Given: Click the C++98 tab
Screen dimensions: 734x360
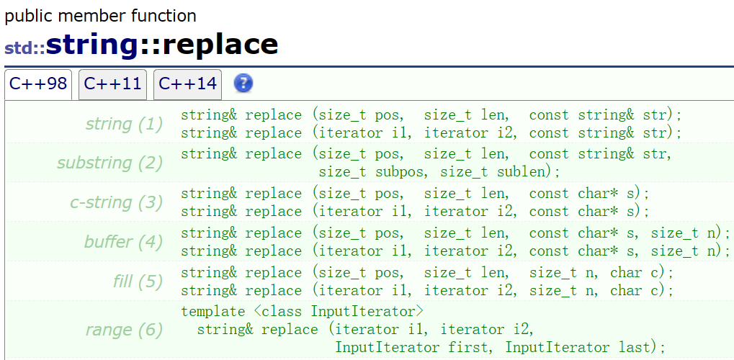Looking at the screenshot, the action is pyautogui.click(x=38, y=84).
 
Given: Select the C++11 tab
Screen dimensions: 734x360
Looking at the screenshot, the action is pyautogui.click(x=112, y=84).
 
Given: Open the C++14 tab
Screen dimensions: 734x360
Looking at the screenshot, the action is pyautogui.click(x=187, y=84).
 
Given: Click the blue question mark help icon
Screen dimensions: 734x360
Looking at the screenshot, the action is pyautogui.click(x=243, y=84).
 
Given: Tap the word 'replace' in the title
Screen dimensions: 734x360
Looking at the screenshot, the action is pyautogui.click(x=220, y=45).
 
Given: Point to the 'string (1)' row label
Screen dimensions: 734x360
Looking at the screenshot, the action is pyautogui.click(x=124, y=125).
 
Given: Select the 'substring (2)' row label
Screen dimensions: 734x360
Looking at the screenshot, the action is pyautogui.click(x=109, y=163).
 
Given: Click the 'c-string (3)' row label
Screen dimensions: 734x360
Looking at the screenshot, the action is pyautogui.click(x=116, y=202).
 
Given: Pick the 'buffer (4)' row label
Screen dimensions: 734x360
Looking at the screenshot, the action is pyautogui.click(x=123, y=241).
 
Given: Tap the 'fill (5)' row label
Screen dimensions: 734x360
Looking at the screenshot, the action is pyautogui.click(x=138, y=281).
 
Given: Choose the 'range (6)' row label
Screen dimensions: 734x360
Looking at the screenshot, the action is pyautogui.click(x=124, y=330).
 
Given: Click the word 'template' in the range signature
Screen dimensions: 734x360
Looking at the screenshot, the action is pyautogui.click(x=212, y=312).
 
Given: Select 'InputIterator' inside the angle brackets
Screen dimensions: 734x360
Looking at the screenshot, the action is pyautogui.click(x=363, y=312).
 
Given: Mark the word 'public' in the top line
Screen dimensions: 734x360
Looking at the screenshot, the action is pyautogui.click(x=28, y=15).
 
